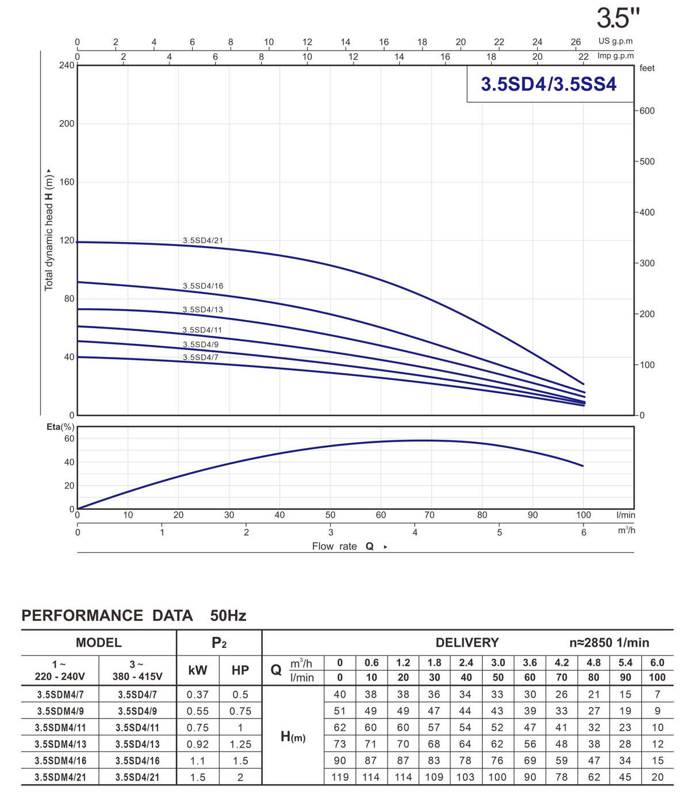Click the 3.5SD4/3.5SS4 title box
point(549,84)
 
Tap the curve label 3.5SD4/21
point(202,240)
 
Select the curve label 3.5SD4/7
point(200,357)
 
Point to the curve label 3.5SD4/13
point(202,309)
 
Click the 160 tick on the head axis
point(67,182)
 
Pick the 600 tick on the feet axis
point(647,110)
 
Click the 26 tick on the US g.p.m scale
point(576,42)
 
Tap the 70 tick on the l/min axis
point(429,515)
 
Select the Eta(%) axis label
point(60,427)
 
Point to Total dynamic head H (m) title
point(49,230)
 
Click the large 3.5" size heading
point(618,18)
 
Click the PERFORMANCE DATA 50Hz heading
point(133,616)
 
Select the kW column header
point(197,670)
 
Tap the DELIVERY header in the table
point(467,643)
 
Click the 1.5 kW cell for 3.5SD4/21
point(197,777)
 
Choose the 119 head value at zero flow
point(340,777)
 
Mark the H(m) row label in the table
point(293,736)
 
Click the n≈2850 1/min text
point(609,643)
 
